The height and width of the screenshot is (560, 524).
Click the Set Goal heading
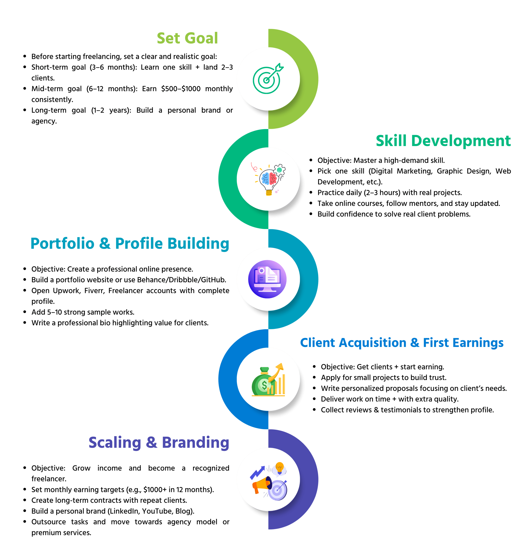pyautogui.click(x=187, y=38)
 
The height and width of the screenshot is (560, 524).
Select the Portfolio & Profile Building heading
pyautogui.click(x=130, y=243)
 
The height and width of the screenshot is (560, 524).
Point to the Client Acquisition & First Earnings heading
pyautogui.click(x=402, y=343)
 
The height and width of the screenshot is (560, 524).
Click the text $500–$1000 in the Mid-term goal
pyautogui.click(x=181, y=89)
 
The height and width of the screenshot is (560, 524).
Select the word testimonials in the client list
pyautogui.click(x=405, y=410)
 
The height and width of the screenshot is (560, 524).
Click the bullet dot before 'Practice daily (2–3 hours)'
pyautogui.click(x=311, y=192)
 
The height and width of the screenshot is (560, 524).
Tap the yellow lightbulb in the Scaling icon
pyautogui.click(x=280, y=468)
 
